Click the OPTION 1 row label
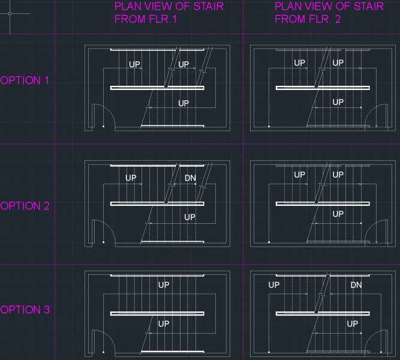click(25, 80)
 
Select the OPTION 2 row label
click(25, 206)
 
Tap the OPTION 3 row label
click(25, 310)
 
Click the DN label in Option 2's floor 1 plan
click(190, 178)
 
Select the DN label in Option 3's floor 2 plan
click(356, 285)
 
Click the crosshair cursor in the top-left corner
click(10, 14)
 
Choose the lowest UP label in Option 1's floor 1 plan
click(184, 103)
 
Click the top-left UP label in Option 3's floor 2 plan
click(274, 285)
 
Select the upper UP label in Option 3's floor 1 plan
click(164, 285)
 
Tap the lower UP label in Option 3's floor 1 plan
click(164, 324)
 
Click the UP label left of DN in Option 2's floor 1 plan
click(131, 178)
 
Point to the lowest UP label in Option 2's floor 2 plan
click(338, 214)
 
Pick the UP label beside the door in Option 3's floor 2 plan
click(353, 324)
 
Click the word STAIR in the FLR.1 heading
click(208, 7)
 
